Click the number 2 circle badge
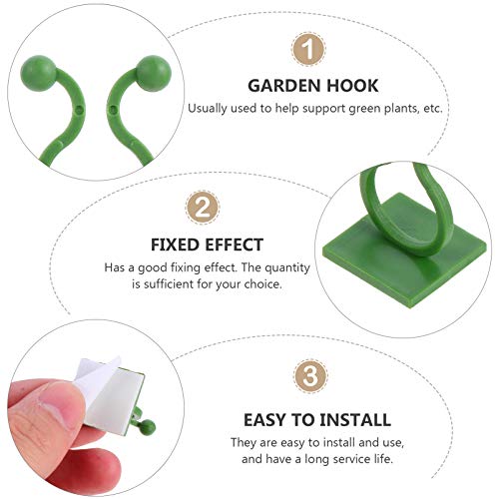tap(203, 207)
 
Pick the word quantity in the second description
tap(270, 267)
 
